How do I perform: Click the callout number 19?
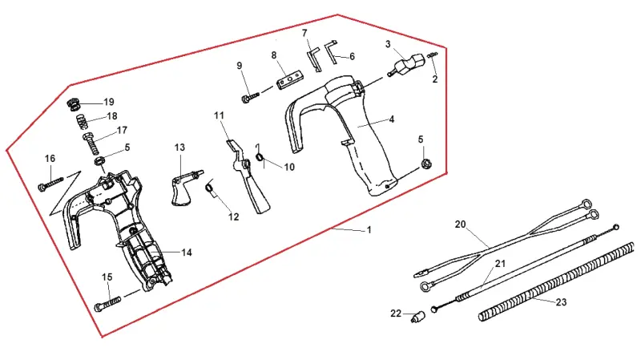(109, 102)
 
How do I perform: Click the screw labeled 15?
(108, 304)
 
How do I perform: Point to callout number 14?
(187, 253)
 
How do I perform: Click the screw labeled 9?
(250, 97)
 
